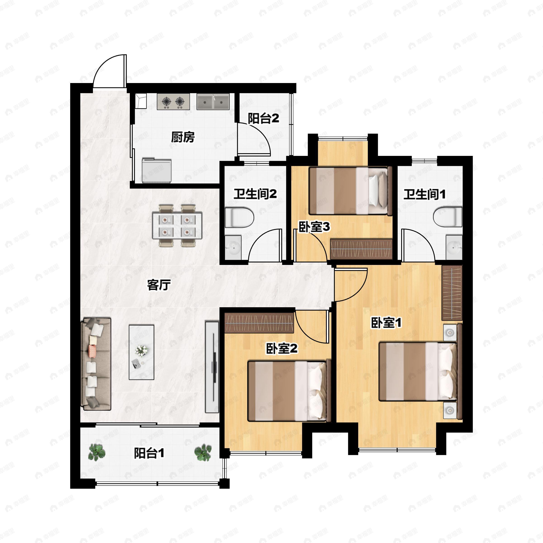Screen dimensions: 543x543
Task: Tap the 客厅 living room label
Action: pos(159,285)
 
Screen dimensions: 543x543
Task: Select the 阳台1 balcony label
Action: pos(149,453)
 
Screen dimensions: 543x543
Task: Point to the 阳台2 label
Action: pos(263,118)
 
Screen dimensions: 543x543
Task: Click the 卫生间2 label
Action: pos(255,194)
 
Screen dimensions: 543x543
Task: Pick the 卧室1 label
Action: pos(386,323)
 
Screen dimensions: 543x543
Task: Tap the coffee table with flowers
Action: pos(141,352)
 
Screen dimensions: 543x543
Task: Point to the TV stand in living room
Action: pos(212,367)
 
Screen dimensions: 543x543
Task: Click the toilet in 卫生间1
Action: pos(448,217)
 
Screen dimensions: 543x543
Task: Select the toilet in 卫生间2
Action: pos(239,217)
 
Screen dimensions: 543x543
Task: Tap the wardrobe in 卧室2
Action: pos(259,323)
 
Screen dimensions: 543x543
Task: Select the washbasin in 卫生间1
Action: pos(454,248)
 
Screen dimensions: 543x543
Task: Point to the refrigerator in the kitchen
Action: pos(157,170)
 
